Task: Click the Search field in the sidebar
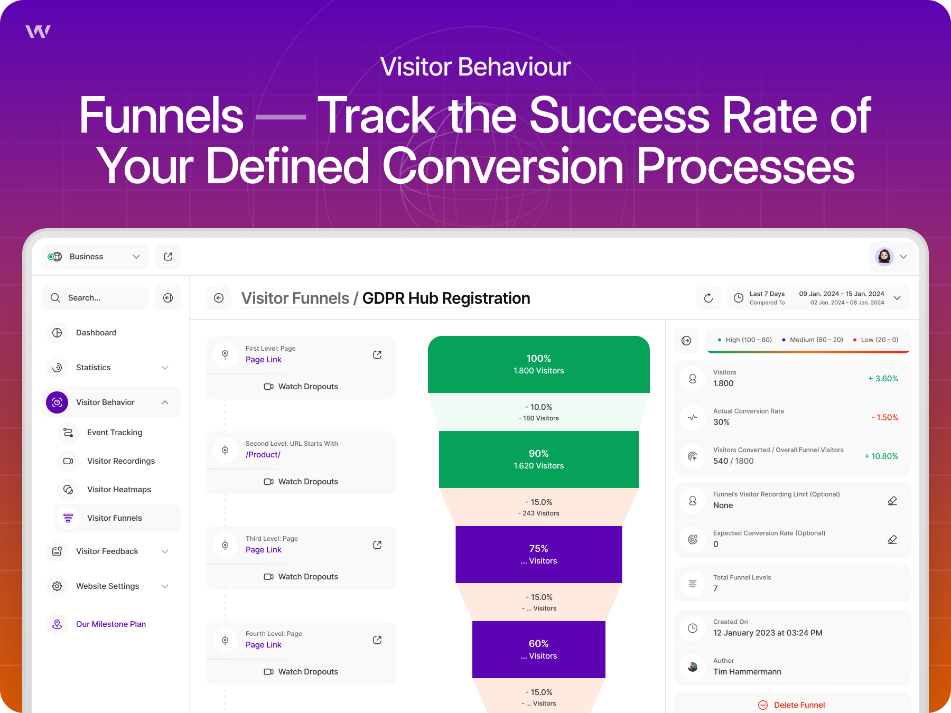[95, 298]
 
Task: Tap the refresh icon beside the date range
[708, 298]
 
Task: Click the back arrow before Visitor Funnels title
[219, 298]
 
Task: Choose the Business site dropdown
[95, 257]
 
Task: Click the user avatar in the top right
[884, 257]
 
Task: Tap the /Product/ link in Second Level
[263, 455]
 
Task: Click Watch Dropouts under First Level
[301, 387]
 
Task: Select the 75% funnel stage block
[539, 555]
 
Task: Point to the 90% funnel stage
[539, 459]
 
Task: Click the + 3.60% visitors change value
[883, 379]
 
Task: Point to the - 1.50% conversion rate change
[884, 417]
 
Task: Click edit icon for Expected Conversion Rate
[892, 539]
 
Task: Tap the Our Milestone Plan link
[111, 624]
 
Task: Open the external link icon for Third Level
[377, 545]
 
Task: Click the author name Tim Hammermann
[747, 672]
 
